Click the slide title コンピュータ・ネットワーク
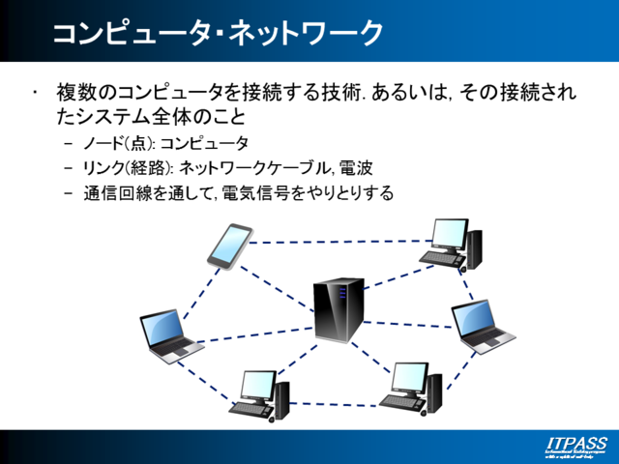[217, 33]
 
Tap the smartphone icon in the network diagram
[230, 245]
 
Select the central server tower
[339, 309]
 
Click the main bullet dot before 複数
[35, 93]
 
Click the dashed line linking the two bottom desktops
[339, 402]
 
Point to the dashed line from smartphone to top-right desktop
[339, 243]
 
